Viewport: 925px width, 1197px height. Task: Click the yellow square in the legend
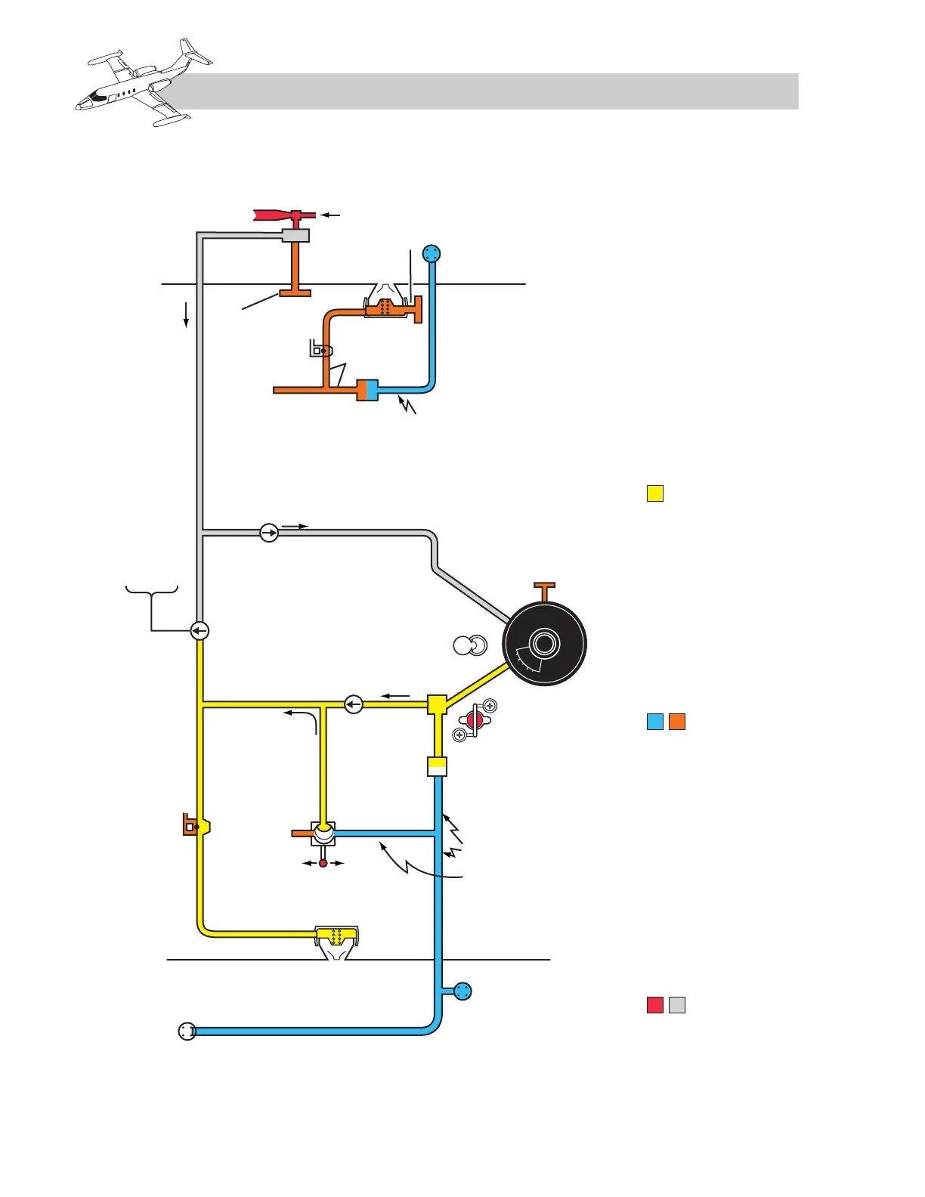click(655, 494)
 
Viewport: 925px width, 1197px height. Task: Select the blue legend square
click(655, 722)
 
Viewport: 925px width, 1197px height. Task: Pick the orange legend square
click(677, 722)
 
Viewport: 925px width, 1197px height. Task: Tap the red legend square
click(655, 1005)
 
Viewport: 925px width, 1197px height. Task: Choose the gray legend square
click(677, 1005)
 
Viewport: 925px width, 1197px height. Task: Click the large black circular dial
click(544, 644)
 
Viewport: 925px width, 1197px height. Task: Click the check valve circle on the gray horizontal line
click(269, 533)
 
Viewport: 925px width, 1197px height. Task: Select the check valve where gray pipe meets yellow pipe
click(200, 630)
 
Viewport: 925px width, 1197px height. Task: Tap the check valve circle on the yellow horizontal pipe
click(354, 704)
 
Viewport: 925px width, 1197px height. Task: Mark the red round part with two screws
click(475, 720)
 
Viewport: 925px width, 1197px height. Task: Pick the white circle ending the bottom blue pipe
click(187, 1031)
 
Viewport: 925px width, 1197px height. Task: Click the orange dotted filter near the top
click(385, 307)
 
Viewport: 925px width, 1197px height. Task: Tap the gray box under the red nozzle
click(295, 236)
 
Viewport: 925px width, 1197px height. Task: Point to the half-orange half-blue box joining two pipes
click(367, 390)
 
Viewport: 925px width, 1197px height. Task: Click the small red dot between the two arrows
click(323, 863)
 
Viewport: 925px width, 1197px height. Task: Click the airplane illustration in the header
click(144, 83)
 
